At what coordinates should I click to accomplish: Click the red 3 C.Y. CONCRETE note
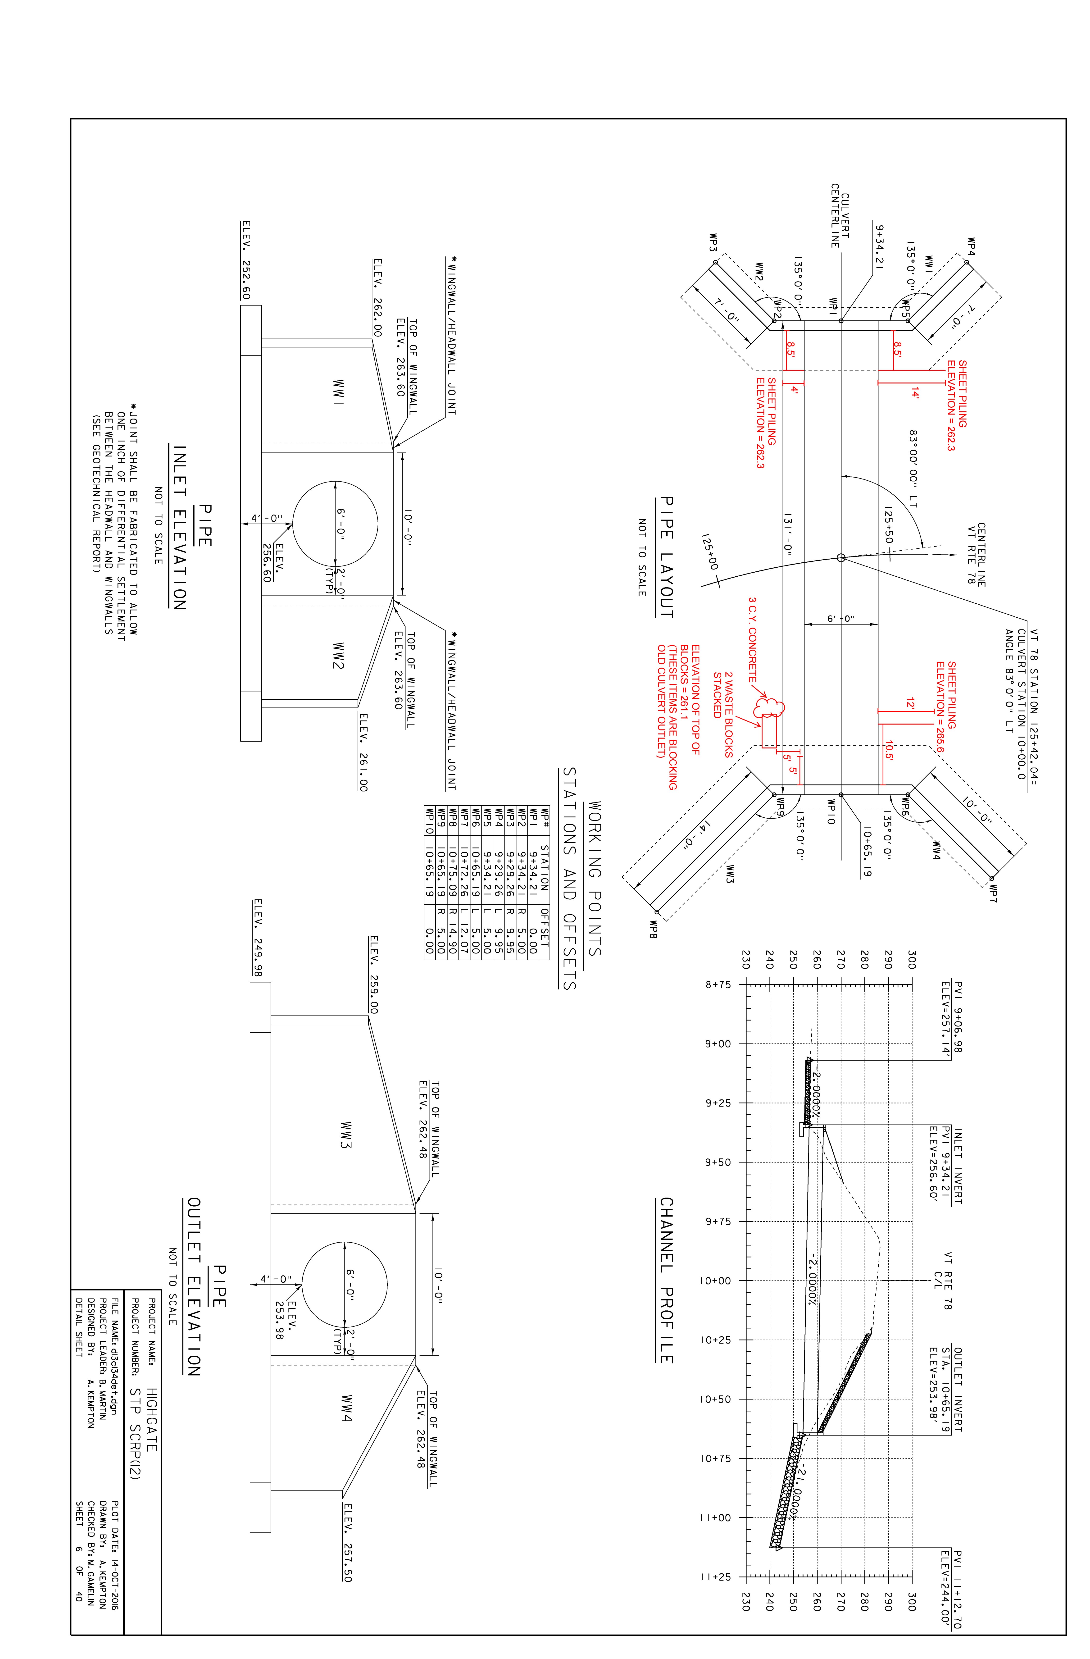(x=753, y=639)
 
